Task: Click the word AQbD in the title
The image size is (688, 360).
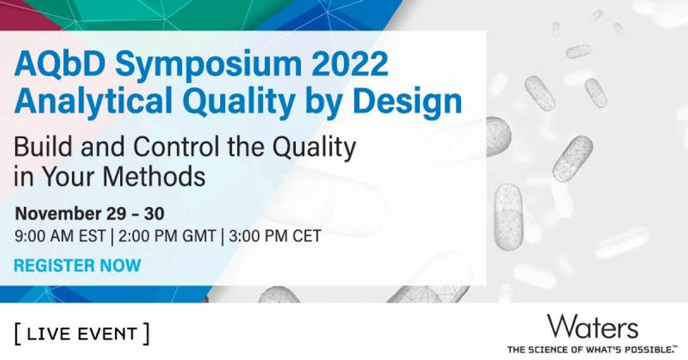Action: (x=58, y=65)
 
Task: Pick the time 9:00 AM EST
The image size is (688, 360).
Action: (x=60, y=236)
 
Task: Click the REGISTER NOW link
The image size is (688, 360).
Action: (x=77, y=266)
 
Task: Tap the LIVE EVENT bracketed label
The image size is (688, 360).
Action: (x=82, y=333)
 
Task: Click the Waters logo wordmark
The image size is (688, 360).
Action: (x=592, y=327)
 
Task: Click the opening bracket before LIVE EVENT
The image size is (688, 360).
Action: (x=17, y=333)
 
